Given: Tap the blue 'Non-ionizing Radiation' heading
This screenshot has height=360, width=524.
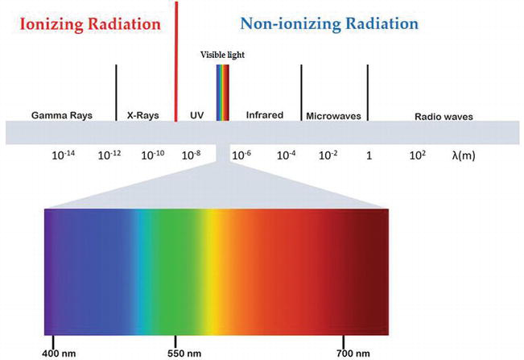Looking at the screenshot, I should (x=329, y=23).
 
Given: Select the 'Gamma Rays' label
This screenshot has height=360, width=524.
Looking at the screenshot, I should (x=61, y=115).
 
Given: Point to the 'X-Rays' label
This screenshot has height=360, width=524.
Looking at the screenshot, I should (x=142, y=115).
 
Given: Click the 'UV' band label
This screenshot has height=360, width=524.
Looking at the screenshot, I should (x=196, y=115).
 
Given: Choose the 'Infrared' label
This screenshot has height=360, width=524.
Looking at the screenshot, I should (x=265, y=115).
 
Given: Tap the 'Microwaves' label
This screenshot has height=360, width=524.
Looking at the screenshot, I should (x=333, y=116).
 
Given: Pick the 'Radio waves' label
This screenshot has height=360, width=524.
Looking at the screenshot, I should (x=443, y=116).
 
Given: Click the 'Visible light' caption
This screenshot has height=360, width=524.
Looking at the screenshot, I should (x=222, y=55).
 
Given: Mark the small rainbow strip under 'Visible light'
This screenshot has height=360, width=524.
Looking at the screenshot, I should (x=222, y=92).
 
